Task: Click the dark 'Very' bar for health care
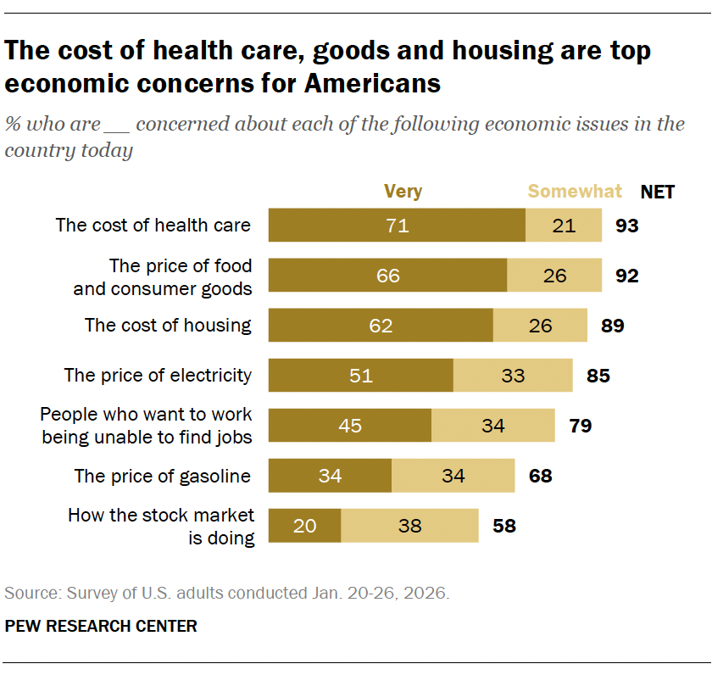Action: pyautogui.click(x=397, y=226)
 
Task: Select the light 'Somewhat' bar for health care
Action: pyautogui.click(x=564, y=226)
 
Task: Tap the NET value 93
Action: pyautogui.click(x=627, y=226)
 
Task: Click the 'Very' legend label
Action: pyautogui.click(x=403, y=192)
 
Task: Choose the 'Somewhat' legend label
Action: pyautogui.click(x=575, y=192)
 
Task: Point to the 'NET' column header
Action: pyautogui.click(x=658, y=192)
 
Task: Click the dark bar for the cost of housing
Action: pyautogui.click(x=381, y=326)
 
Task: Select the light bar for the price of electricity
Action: pyautogui.click(x=513, y=375)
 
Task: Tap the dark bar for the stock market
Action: pyautogui.click(x=305, y=526)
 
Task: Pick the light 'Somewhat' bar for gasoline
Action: pyautogui.click(x=453, y=476)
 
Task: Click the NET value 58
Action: pyautogui.click(x=503, y=526)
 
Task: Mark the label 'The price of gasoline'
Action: pyautogui.click(x=163, y=476)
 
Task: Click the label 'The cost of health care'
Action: pyautogui.click(x=153, y=226)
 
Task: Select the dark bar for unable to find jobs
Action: pyautogui.click(x=350, y=425)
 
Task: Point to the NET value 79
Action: pyautogui.click(x=580, y=425)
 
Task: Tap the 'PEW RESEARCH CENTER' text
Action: pyautogui.click(x=101, y=627)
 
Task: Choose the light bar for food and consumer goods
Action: pyautogui.click(x=554, y=276)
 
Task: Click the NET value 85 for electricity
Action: pyautogui.click(x=598, y=375)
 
